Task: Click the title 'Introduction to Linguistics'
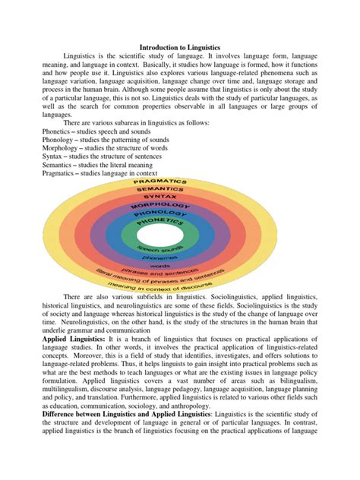click(x=180, y=47)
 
